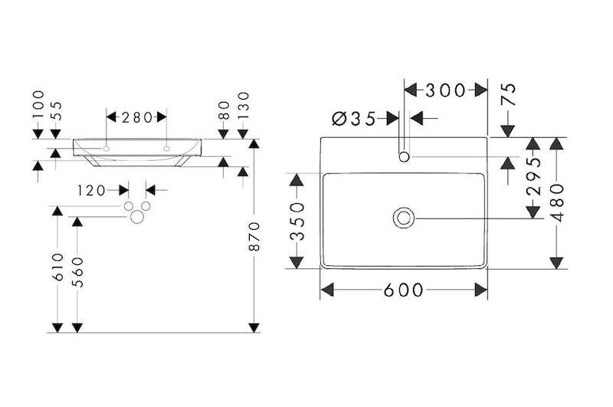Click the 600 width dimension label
click(403, 290)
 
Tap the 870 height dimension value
click(254, 236)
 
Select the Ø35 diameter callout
click(353, 119)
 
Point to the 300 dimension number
click(445, 90)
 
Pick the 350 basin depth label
click(298, 221)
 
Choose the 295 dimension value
click(534, 176)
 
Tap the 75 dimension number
click(509, 94)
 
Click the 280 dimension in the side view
click(137, 117)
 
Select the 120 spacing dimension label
click(91, 191)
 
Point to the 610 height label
click(58, 267)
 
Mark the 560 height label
click(78, 272)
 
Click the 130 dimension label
click(243, 106)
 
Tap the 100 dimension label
click(38, 104)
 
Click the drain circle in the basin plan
click(404, 218)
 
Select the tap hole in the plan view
click(405, 157)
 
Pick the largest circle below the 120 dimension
click(138, 217)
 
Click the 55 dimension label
click(56, 110)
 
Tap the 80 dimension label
click(224, 110)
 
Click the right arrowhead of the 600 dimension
click(481, 290)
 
